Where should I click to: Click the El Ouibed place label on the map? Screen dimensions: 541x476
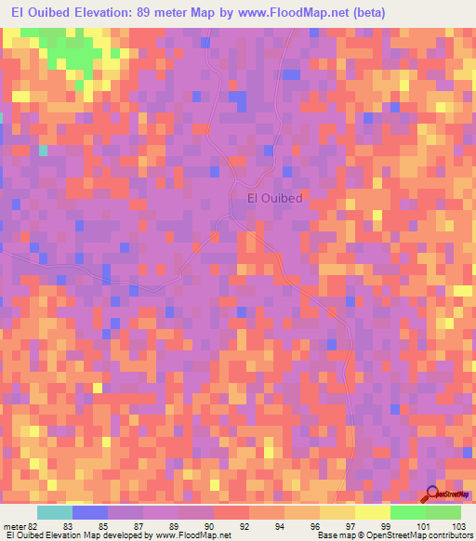[276, 197]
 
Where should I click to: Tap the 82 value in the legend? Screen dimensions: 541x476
[32, 525]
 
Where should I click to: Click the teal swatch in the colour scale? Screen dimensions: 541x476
[54, 512]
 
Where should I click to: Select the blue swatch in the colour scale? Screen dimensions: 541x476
[89, 512]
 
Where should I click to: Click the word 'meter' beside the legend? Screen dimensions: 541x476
[13, 525]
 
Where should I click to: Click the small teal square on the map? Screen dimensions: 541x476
[43, 150]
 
